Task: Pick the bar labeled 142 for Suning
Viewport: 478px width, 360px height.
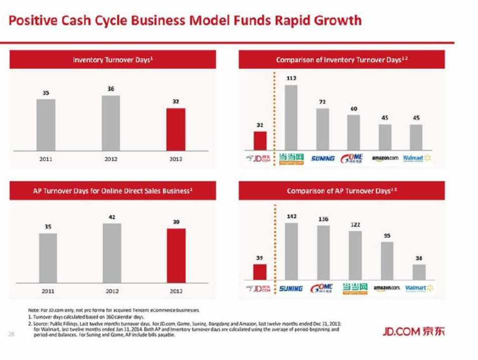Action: pos(291,251)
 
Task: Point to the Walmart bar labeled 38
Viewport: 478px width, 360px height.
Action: pos(419,271)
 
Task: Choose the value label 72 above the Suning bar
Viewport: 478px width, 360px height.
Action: pos(322,101)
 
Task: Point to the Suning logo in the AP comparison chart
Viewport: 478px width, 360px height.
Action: pos(291,288)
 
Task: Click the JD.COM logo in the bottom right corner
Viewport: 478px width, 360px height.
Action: pos(413,331)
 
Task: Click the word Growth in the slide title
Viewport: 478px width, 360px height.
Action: pos(337,21)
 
